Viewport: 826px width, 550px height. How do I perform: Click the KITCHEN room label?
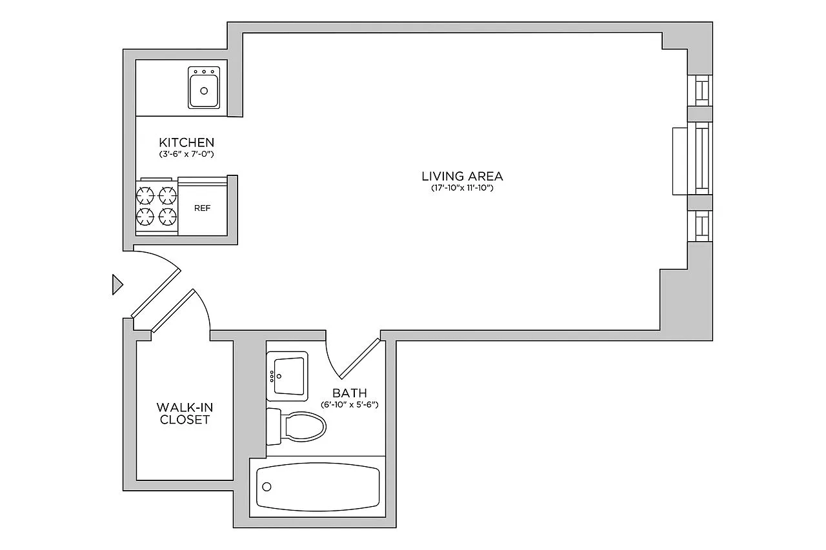click(186, 142)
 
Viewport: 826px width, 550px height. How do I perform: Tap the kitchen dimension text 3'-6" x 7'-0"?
click(186, 154)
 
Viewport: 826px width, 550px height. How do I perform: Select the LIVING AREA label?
click(462, 177)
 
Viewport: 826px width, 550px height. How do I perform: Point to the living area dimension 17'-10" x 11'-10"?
click(462, 188)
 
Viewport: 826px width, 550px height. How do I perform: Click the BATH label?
click(350, 393)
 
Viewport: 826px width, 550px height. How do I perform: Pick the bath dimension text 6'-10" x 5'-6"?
click(350, 404)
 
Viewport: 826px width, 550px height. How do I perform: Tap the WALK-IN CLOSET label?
click(185, 413)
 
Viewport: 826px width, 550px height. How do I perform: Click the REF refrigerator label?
click(202, 208)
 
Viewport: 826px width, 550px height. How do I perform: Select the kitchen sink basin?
click(204, 88)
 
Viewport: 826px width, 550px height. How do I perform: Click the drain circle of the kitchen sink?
click(204, 91)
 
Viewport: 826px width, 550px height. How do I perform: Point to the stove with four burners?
click(157, 206)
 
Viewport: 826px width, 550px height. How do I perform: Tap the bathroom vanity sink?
click(287, 376)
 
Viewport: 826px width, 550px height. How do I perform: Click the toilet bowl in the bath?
click(303, 427)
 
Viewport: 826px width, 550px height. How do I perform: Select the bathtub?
click(317, 487)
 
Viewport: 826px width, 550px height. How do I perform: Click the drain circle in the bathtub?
click(267, 487)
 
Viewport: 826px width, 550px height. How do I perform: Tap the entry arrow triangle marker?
click(117, 284)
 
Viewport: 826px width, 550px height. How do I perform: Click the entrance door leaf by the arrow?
click(156, 293)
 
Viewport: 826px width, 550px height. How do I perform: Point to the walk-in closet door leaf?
click(173, 311)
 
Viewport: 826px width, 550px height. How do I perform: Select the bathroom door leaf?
click(359, 358)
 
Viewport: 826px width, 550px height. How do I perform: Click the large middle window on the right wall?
click(700, 159)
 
